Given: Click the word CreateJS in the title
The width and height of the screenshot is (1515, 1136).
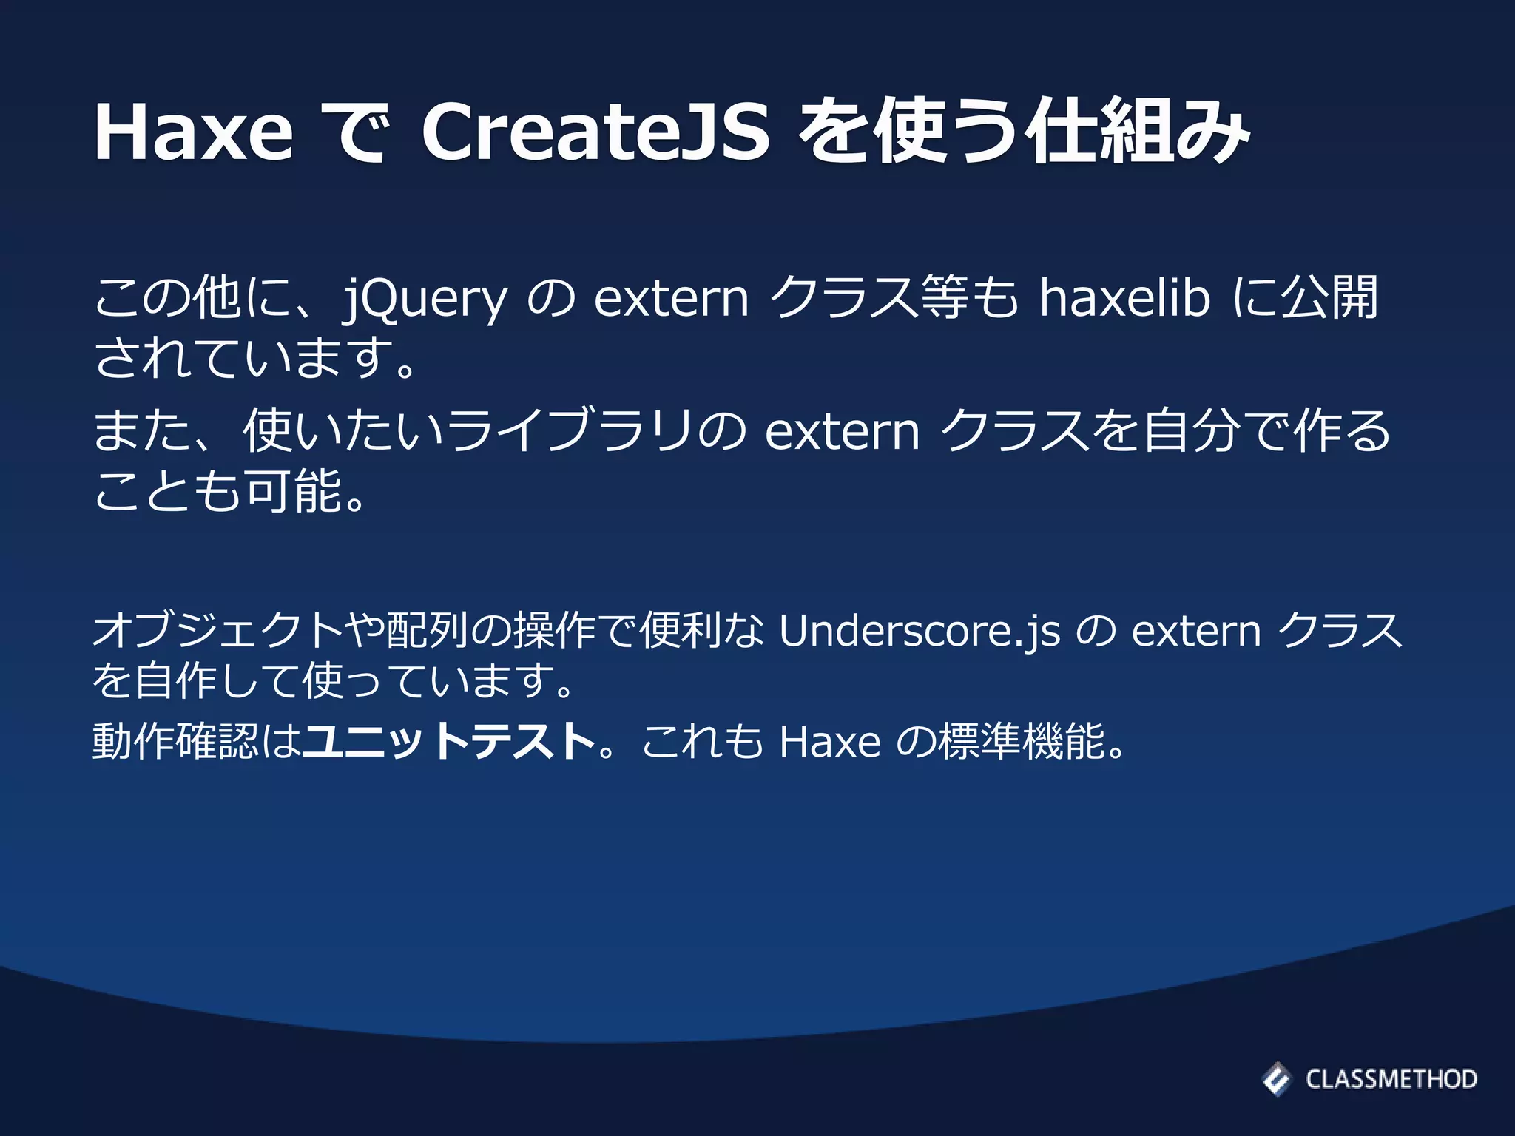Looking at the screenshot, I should [595, 132].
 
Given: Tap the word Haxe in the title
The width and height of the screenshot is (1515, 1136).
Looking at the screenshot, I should [194, 132].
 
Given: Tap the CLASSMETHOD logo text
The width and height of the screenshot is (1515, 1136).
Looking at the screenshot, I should [1391, 1079].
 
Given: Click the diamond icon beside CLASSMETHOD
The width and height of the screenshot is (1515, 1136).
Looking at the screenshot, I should [1276, 1079].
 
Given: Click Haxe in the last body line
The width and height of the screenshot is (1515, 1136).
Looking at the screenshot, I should [830, 741].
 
